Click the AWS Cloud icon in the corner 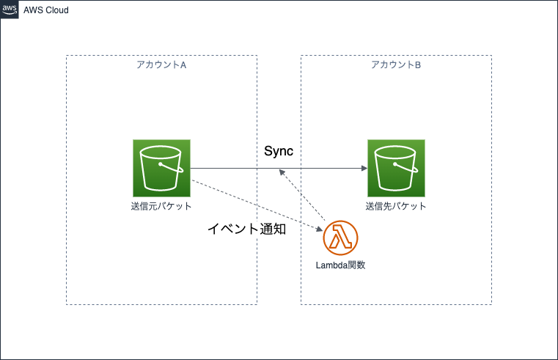click(x=10, y=10)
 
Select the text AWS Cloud click(x=46, y=10)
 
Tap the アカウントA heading click(x=161, y=65)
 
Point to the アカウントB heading click(x=396, y=65)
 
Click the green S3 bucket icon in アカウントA click(x=161, y=168)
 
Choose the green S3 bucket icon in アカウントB click(x=396, y=168)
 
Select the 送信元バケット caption click(x=161, y=207)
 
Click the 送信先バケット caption click(x=396, y=207)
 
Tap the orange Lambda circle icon click(x=341, y=238)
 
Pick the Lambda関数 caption click(x=341, y=265)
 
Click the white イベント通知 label click(x=246, y=229)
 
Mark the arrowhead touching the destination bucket click(x=364, y=168)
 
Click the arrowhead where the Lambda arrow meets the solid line click(x=281, y=172)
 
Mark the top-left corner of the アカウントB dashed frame click(x=301, y=56)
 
